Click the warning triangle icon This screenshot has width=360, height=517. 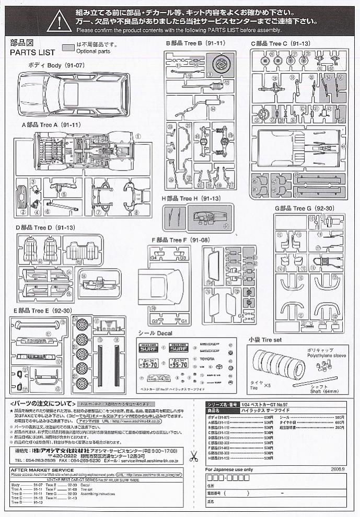[59, 21]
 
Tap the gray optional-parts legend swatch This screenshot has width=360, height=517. [68, 47]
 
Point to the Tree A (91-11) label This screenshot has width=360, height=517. [51, 125]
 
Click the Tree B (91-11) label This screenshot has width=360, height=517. [195, 43]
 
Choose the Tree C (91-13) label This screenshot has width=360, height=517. [280, 43]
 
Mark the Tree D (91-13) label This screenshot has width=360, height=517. [46, 228]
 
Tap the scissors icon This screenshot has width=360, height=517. [194, 456]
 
